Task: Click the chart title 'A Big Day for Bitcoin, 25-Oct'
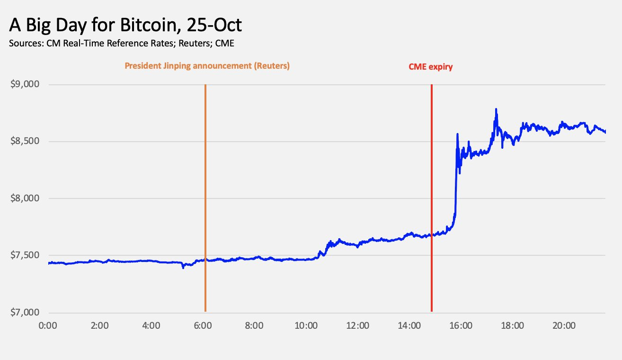tap(125, 25)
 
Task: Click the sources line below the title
tap(121, 44)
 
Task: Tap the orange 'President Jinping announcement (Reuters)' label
tap(207, 66)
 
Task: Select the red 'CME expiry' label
tap(430, 67)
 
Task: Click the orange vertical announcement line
tap(205, 189)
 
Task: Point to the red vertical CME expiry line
tap(432, 189)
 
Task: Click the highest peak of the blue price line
tap(496, 109)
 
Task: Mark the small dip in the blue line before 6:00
tap(184, 268)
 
